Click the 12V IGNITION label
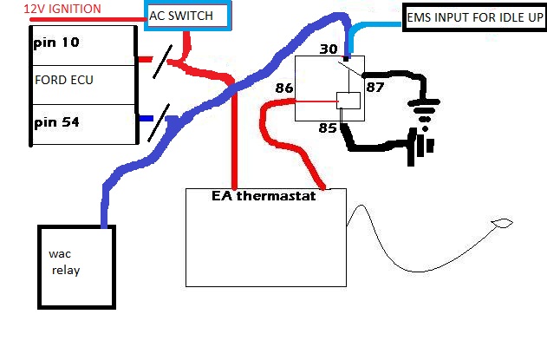[51, 9]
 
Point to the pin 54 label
[53, 122]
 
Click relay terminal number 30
[330, 49]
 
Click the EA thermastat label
[264, 196]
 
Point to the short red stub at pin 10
[146, 62]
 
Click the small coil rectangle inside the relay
[348, 101]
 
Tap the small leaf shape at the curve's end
[501, 226]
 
